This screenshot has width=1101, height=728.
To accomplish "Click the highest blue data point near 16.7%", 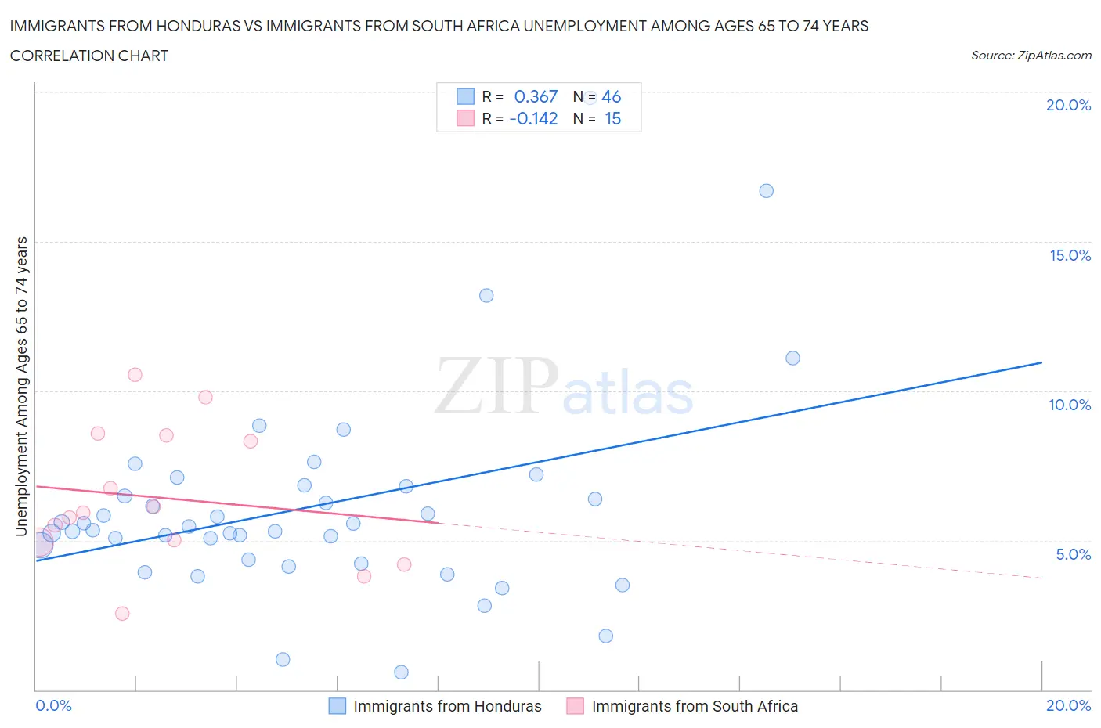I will coord(766,191).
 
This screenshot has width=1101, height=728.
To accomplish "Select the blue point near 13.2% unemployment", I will coord(486,295).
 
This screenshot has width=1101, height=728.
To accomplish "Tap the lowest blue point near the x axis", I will coord(401,672).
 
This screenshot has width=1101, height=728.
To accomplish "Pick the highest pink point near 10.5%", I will coord(135,375).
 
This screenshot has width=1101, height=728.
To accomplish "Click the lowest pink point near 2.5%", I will coord(122,614).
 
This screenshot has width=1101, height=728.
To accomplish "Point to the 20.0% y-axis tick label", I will coord(1068,105).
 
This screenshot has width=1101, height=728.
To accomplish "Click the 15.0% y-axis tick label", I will coord(1070,255).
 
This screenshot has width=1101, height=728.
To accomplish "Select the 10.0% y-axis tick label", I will coord(1070,405).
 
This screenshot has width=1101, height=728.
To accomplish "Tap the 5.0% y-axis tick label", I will coord(1073,554).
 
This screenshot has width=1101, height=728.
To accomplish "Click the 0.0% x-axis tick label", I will coord(54,705).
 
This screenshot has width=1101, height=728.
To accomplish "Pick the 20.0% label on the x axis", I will coord(1068,705).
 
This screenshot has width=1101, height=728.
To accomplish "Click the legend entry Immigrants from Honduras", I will coord(447,706).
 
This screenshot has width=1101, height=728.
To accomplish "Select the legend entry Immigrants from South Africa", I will coord(695,706).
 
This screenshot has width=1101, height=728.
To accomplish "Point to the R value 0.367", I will coord(536,96).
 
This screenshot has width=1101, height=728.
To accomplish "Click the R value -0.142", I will coord(533,118).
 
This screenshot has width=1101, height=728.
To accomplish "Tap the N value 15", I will coord(612,118).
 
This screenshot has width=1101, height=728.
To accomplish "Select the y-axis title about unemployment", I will coord(22,386).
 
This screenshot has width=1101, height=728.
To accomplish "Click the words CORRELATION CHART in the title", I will coord(89,56).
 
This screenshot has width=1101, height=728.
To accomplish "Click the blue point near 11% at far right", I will coord(792,359).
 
